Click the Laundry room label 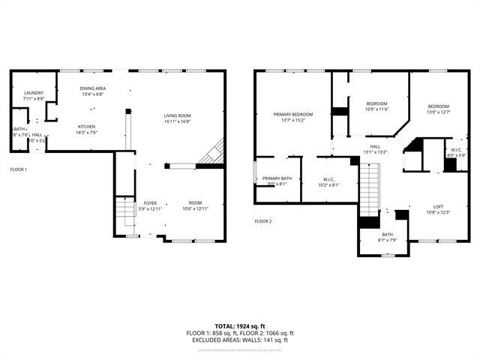click(34, 95)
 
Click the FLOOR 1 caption click(18, 169)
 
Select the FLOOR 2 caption click(262, 221)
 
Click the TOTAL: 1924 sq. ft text click(239, 326)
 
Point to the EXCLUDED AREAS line click(239, 340)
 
